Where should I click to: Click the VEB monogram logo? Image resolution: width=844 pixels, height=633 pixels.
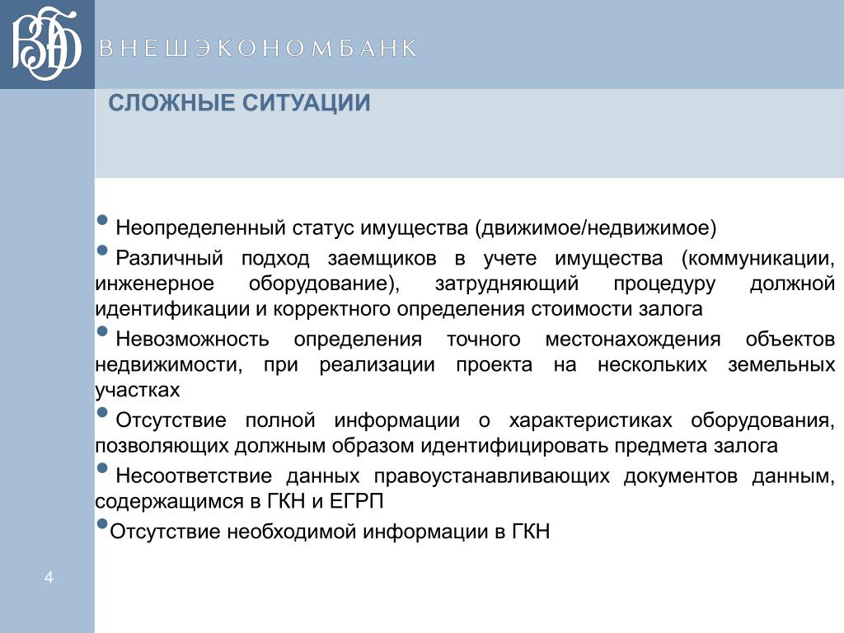coord(46,44)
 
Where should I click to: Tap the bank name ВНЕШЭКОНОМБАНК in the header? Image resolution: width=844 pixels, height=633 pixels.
coord(258,49)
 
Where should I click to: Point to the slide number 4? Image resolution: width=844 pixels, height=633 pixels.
coord(49,578)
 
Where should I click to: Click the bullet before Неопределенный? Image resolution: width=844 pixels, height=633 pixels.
coord(102,220)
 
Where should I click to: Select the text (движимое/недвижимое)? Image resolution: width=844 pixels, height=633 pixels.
coord(596,228)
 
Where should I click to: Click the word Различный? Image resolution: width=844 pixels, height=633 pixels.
coord(170,258)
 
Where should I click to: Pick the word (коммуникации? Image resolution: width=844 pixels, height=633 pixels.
coord(758,258)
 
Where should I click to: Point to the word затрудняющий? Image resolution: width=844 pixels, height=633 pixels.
coord(507,284)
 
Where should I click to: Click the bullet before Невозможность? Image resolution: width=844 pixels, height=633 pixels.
coord(102,331)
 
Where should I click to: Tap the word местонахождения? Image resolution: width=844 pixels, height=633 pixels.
coord(633,340)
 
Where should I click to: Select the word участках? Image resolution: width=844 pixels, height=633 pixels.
coord(138,390)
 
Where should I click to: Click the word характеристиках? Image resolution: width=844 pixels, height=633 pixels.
coord(590,420)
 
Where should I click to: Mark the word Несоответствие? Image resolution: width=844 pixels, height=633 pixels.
coord(194,476)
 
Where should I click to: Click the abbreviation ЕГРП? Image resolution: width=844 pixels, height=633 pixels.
coord(356,502)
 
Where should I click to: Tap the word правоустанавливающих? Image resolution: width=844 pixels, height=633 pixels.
coord(492,476)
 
